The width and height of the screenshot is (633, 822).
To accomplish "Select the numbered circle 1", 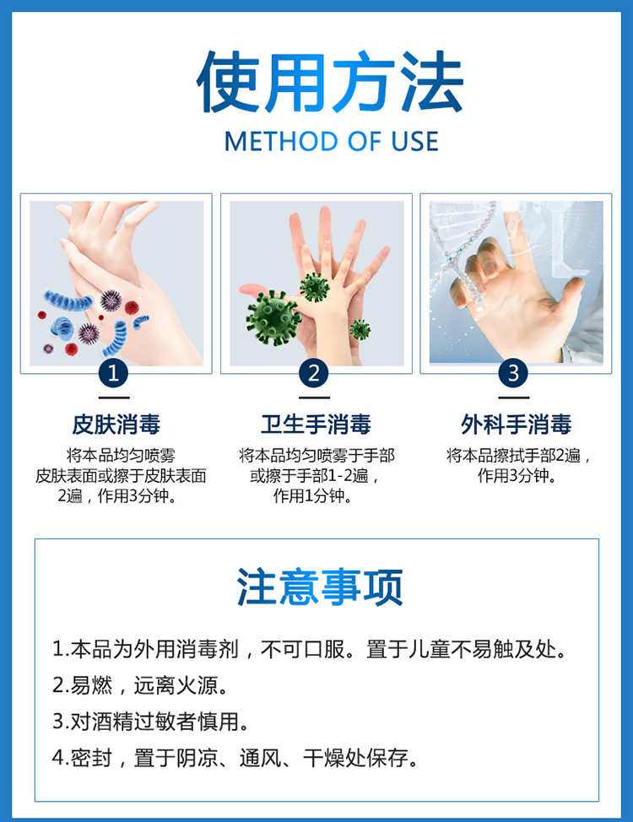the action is click(x=113, y=373).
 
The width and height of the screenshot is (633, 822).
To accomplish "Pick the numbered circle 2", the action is click(x=314, y=373).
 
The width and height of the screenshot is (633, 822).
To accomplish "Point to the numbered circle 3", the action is click(x=513, y=373).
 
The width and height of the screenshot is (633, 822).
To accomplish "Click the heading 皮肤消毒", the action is click(x=116, y=425).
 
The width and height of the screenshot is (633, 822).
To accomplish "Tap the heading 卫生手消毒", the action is click(x=316, y=425).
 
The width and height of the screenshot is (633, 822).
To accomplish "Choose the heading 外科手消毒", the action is click(x=516, y=425).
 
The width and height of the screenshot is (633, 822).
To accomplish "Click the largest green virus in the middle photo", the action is click(x=273, y=318).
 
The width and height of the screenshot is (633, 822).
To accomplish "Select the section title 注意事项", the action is click(x=319, y=587).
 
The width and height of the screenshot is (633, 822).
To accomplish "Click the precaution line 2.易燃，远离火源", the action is click(x=140, y=685).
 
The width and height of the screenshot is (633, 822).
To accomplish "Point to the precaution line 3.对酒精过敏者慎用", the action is click(x=150, y=722).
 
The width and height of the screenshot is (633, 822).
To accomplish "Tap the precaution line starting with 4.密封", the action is click(x=235, y=758).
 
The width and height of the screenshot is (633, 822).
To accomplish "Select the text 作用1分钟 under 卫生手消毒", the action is click(x=312, y=495).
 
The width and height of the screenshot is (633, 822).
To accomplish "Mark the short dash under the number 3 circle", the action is click(x=513, y=397).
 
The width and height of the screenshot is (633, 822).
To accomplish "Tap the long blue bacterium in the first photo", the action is click(x=68, y=300).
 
